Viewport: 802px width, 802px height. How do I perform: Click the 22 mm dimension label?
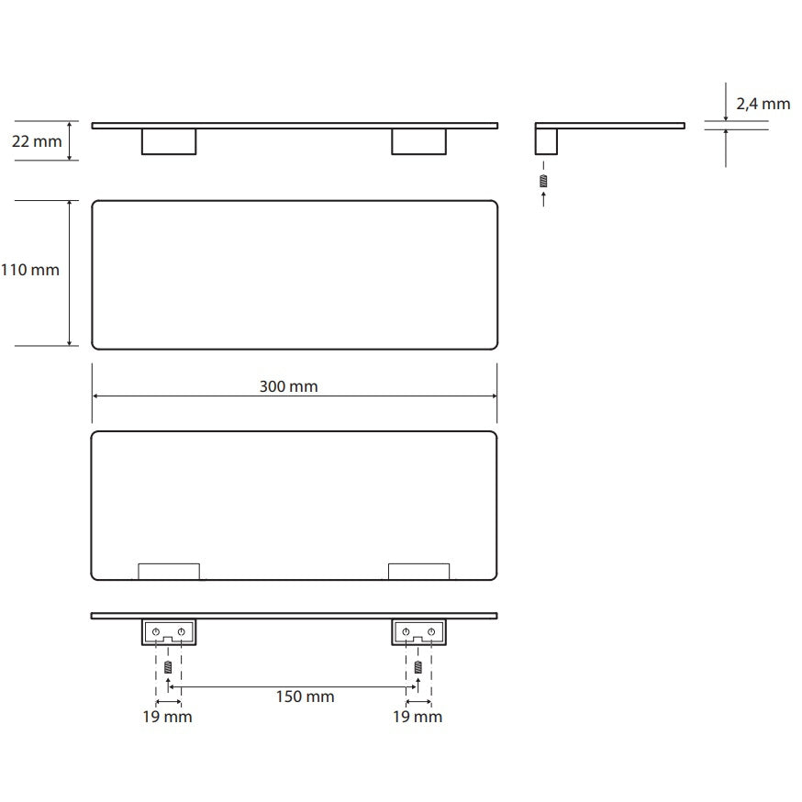point(37,141)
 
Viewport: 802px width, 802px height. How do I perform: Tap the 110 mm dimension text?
point(30,270)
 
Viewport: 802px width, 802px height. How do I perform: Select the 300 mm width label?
point(288,386)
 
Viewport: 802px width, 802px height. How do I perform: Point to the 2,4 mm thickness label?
point(763,105)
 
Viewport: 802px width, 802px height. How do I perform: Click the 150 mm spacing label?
point(305,696)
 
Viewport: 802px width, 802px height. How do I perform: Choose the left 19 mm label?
point(167,717)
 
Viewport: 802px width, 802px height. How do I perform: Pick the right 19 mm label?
point(418,717)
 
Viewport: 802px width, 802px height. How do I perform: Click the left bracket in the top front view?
point(169,141)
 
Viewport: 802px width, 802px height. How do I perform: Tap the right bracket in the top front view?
point(419,141)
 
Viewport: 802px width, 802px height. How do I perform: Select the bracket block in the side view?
point(546,141)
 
